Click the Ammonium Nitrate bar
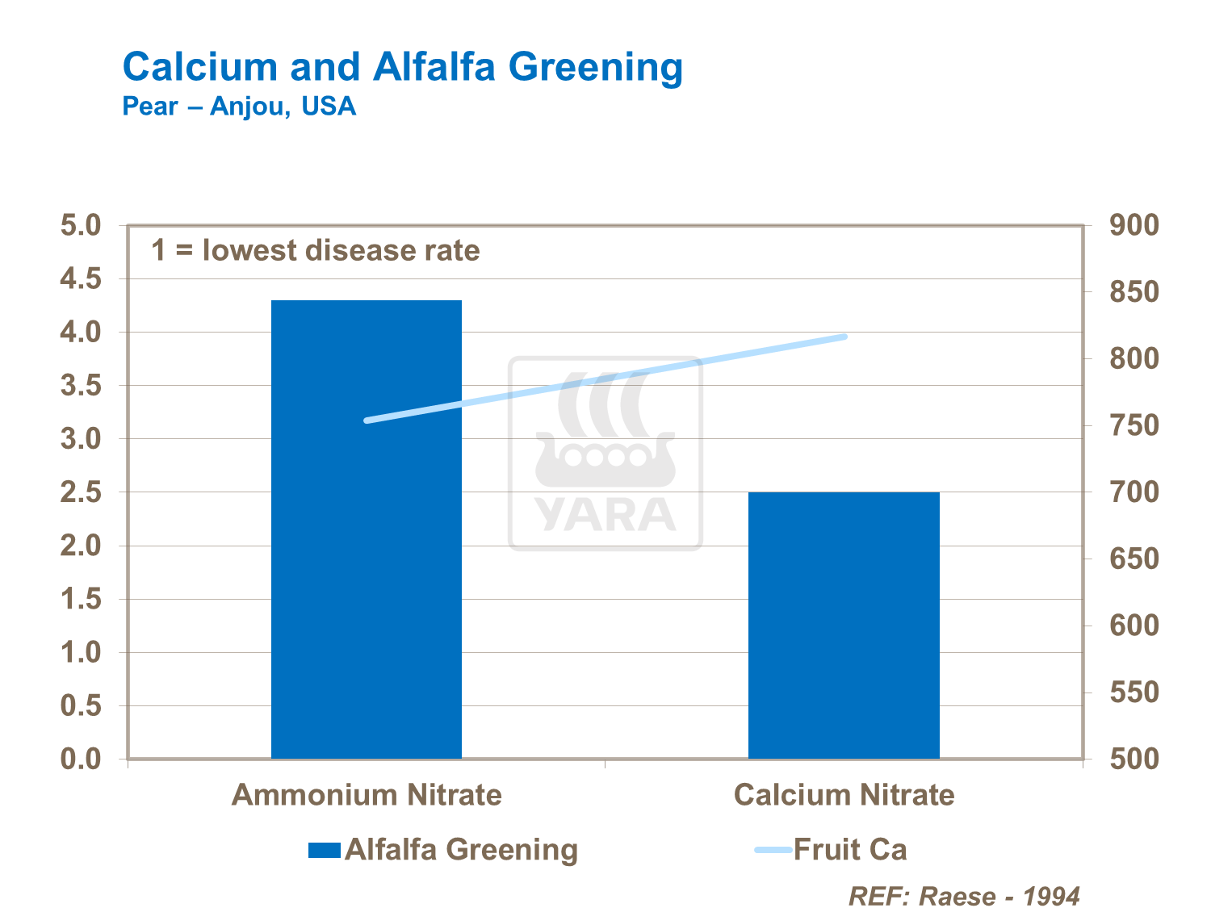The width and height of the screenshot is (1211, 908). [366, 529]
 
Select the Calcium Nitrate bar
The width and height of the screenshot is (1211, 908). [844, 625]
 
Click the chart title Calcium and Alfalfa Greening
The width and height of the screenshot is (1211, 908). [402, 66]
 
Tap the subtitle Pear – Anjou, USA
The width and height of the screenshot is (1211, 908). [239, 107]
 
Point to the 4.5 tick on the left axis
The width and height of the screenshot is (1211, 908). [81, 279]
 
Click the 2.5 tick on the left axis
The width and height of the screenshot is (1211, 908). [81, 492]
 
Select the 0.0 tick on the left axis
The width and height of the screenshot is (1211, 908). [81, 759]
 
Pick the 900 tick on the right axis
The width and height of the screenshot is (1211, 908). [1133, 225]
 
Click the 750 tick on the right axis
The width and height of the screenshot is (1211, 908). [1133, 425]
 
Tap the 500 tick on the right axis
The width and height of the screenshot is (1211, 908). [1133, 759]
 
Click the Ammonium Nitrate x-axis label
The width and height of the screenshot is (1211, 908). [367, 795]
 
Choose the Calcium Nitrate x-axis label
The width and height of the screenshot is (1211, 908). [844, 795]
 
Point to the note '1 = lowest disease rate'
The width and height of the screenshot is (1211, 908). [316, 250]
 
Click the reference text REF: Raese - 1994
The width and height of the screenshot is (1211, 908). [964, 896]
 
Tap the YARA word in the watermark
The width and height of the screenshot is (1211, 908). [605, 515]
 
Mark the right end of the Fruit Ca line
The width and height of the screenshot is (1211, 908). [844, 337]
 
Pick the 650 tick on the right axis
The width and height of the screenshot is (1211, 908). [1133, 559]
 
